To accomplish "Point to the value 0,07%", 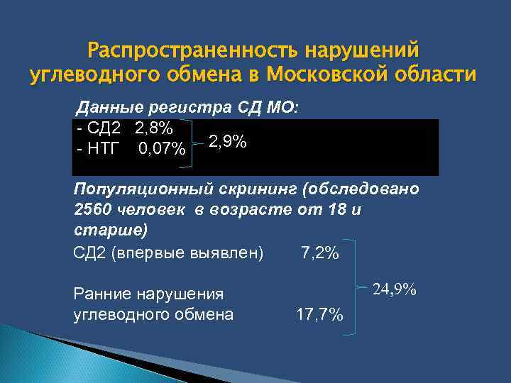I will (x=163, y=150).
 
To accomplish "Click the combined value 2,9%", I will (x=228, y=142).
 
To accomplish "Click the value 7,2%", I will (x=319, y=253).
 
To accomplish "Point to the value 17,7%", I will (x=319, y=314).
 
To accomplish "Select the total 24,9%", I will (x=395, y=290).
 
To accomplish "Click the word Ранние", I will (x=101, y=294).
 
